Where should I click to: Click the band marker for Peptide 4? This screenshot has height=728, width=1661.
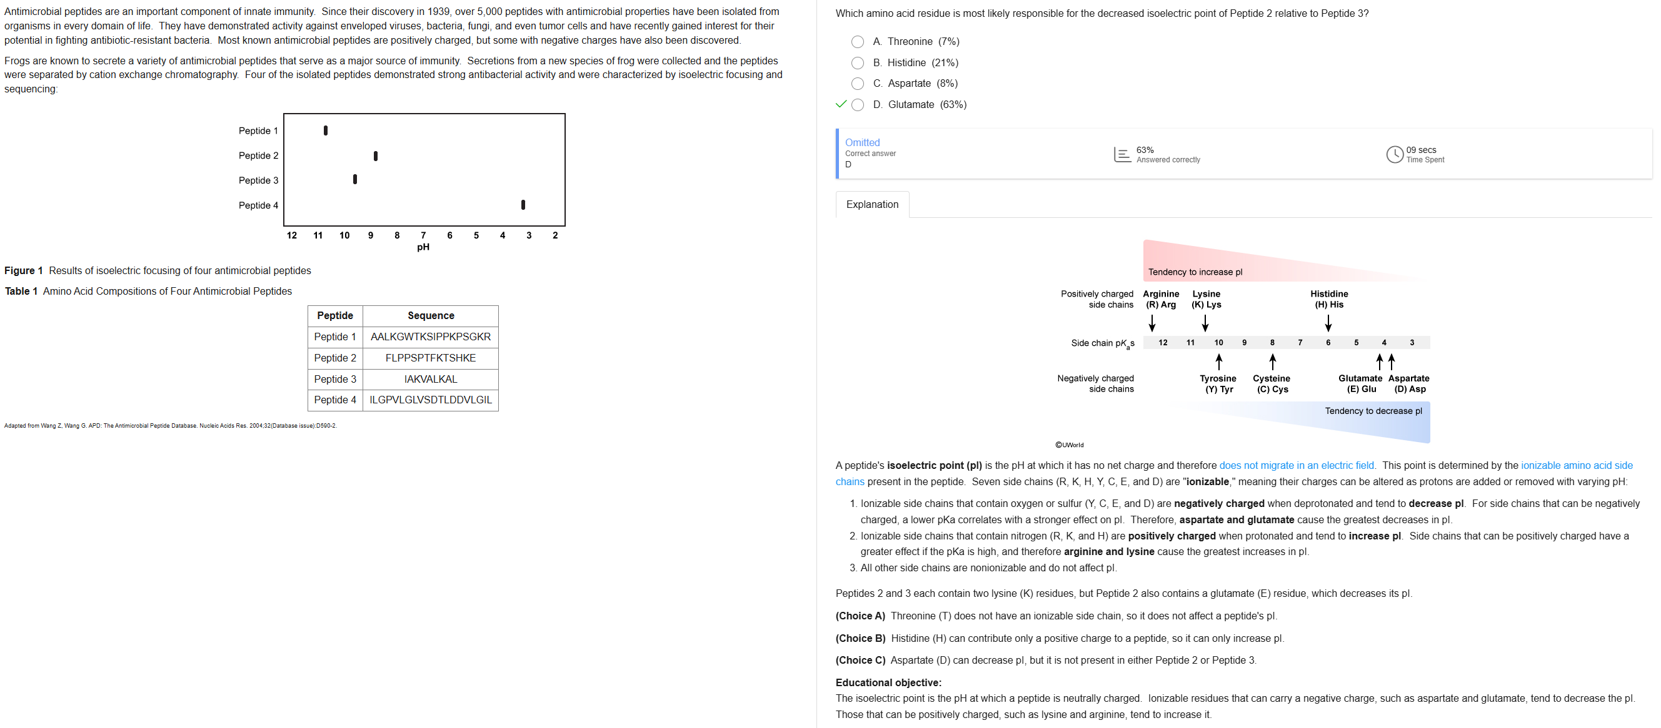[523, 205]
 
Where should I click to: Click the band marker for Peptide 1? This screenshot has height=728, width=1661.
[326, 130]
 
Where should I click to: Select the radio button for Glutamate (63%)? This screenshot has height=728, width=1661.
[857, 105]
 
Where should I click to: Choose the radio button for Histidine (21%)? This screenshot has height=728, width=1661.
[857, 63]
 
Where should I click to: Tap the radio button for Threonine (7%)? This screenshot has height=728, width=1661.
[857, 42]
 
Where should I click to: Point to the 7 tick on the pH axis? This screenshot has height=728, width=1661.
[423, 235]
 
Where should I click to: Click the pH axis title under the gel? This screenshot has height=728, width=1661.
[423, 247]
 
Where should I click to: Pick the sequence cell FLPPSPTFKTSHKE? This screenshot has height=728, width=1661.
[430, 358]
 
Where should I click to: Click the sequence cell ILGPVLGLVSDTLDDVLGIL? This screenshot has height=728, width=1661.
[430, 400]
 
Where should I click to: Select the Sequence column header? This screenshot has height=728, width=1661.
[430, 316]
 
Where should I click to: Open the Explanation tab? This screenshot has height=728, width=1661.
[872, 205]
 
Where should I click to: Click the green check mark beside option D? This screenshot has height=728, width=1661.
[840, 104]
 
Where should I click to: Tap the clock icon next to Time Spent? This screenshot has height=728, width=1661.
[1394, 155]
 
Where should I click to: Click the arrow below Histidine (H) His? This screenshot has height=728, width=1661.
[1328, 322]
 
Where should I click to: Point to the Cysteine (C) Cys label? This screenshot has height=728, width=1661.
[1272, 383]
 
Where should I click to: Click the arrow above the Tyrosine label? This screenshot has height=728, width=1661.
[1218, 361]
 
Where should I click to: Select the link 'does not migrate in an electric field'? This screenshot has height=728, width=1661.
[1296, 465]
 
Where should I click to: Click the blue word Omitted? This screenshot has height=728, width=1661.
[862, 142]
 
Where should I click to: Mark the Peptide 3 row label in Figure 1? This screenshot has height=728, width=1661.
[258, 180]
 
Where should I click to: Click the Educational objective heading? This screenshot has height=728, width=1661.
[888, 682]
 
